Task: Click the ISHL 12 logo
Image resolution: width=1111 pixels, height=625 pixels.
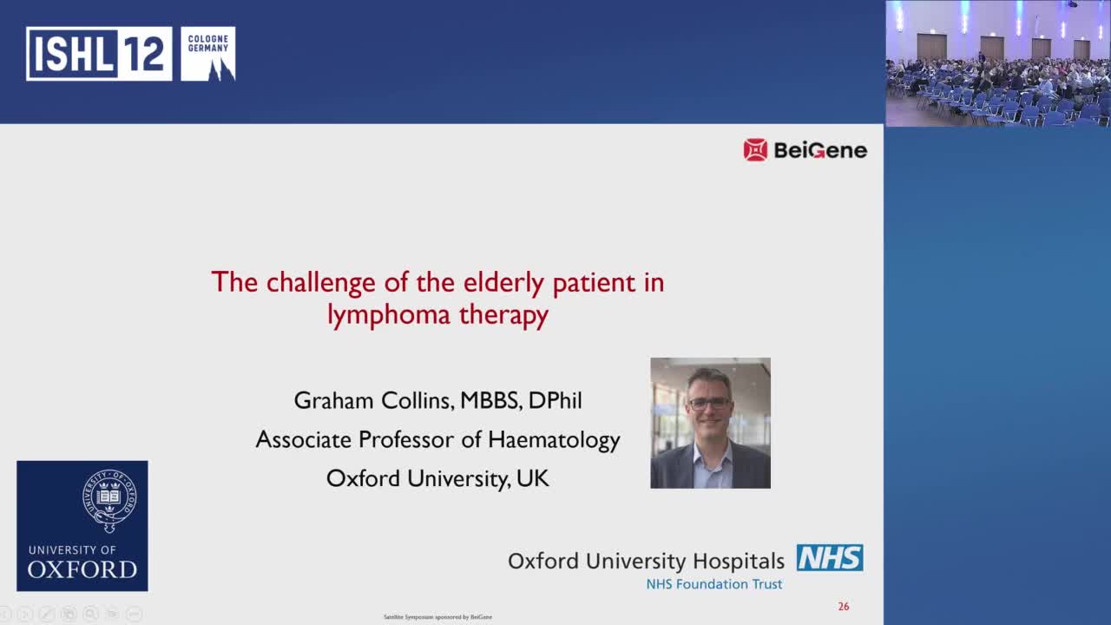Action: pos(99,54)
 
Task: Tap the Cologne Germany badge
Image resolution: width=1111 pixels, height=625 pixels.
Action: pos(208,54)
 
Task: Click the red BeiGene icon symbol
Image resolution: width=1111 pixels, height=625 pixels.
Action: pos(755,150)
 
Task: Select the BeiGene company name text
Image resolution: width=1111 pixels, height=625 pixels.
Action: pos(819,150)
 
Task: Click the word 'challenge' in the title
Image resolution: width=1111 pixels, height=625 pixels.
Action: pos(319,282)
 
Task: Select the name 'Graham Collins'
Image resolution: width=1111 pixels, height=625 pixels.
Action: pos(372,400)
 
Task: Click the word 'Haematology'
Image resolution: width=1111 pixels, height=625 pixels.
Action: pos(554,439)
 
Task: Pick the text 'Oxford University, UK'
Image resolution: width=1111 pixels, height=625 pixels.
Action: pos(437,478)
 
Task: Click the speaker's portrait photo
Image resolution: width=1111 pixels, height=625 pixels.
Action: pos(710,423)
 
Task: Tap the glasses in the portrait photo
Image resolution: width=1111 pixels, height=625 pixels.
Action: pos(709,403)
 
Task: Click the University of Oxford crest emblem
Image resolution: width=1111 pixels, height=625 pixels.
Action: pos(108,501)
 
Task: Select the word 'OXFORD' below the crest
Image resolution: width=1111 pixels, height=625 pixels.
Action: pos(82,569)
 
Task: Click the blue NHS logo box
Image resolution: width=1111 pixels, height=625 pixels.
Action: pos(830,558)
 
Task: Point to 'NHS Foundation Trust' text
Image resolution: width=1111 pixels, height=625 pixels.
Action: pos(713,584)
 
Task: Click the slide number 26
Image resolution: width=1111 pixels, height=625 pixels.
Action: pos(844,607)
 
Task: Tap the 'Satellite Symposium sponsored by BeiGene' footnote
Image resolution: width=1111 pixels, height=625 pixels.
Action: pos(437,617)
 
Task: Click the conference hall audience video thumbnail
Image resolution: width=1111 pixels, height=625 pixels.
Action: pos(998,63)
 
